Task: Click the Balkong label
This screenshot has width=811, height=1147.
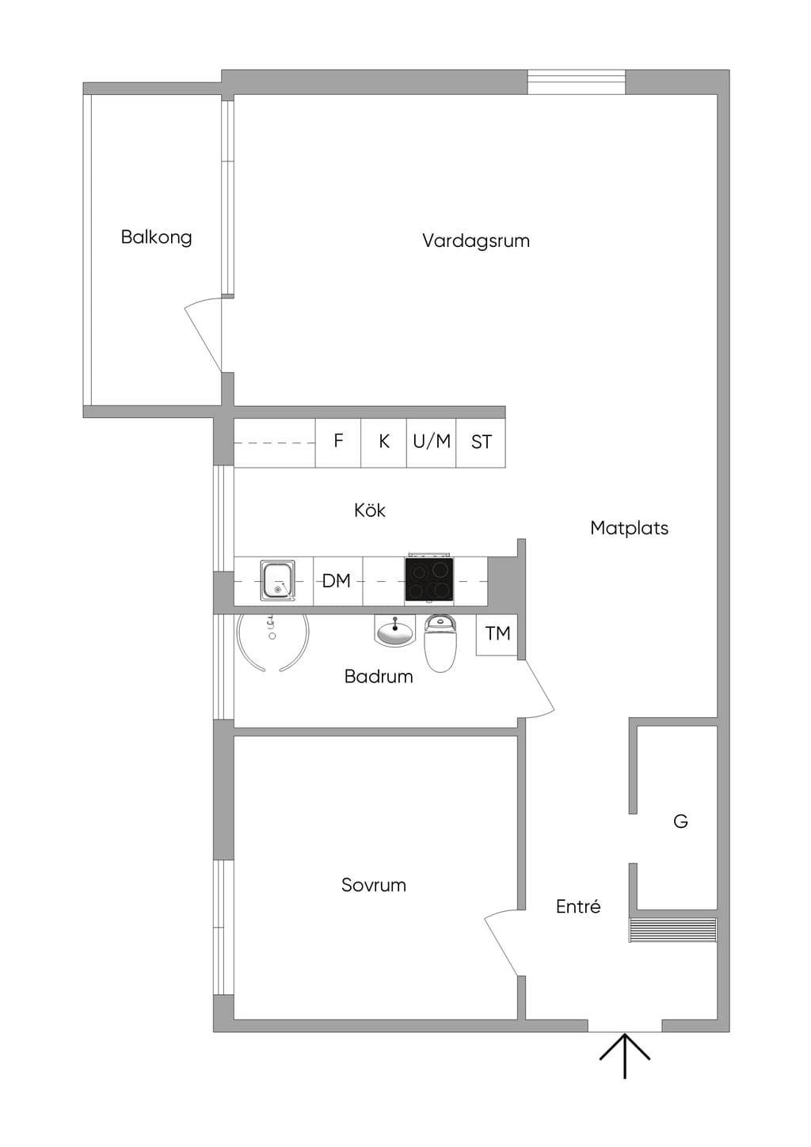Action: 156,237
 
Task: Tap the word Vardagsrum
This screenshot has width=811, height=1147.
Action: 476,241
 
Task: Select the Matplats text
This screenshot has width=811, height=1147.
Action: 629,528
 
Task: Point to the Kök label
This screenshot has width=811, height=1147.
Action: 370,510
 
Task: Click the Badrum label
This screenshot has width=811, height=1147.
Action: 379,677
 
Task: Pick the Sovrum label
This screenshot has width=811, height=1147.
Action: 374,885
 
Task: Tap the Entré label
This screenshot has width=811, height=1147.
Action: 578,906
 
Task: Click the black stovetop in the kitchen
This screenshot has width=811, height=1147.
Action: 429,579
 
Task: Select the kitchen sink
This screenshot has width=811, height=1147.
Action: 278,580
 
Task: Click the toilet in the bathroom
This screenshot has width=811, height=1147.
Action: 440,643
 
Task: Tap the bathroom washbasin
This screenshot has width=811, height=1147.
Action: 394,632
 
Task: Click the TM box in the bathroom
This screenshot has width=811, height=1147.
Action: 497,634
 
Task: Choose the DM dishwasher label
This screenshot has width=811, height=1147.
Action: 337,581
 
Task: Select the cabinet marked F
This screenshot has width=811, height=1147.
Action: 338,442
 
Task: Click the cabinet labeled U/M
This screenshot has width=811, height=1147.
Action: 432,442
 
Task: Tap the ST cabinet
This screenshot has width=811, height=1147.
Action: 481,442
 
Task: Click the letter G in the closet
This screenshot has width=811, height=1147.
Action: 680,821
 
